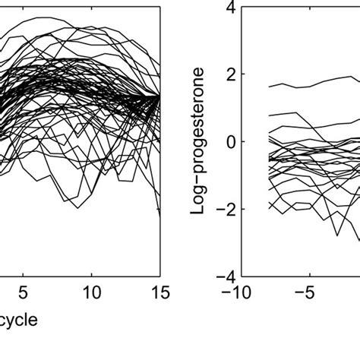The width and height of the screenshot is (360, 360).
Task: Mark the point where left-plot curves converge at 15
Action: pos(159,96)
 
